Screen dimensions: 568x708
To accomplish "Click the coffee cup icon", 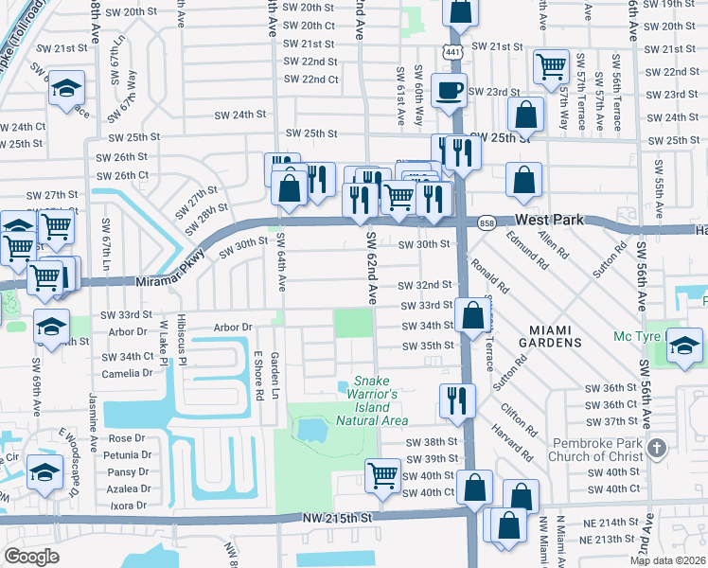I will pos(449,91).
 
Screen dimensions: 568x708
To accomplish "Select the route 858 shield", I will pos(487,222).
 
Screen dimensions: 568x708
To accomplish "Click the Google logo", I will pos(31,556).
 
